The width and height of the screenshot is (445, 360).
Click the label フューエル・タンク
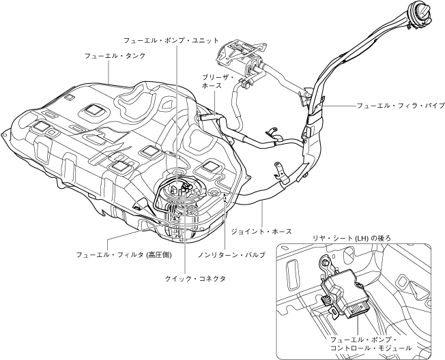115,56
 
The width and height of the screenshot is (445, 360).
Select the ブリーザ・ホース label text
218,82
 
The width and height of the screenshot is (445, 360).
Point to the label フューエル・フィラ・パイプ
400,106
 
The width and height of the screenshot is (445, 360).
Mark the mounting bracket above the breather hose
240,55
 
